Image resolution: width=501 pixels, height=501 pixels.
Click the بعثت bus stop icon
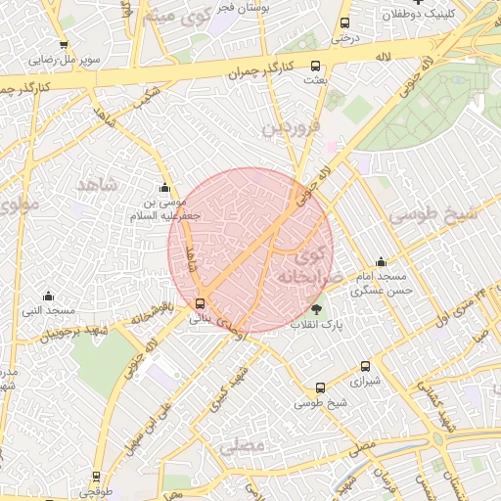click(314, 66)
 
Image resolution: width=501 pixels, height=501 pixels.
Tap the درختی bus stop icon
click(343, 23)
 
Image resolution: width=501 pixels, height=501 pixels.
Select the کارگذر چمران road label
click(261, 67)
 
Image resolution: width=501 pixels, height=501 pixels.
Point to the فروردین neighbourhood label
click(290, 127)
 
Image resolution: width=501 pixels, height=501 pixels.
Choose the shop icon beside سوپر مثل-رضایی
click(64, 45)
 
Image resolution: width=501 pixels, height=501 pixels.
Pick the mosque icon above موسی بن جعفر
click(163, 188)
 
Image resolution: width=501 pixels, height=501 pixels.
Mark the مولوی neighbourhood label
click(19, 205)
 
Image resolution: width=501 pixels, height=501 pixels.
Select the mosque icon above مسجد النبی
click(48, 296)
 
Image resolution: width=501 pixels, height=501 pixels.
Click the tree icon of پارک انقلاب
click(315, 309)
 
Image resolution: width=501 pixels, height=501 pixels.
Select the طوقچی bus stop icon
click(95, 477)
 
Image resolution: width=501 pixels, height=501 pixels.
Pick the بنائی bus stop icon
click(201, 303)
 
